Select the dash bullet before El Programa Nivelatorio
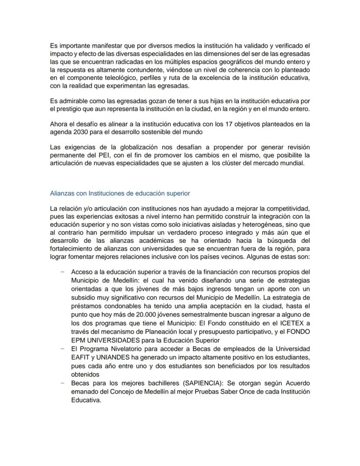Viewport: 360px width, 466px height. click(63, 349)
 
